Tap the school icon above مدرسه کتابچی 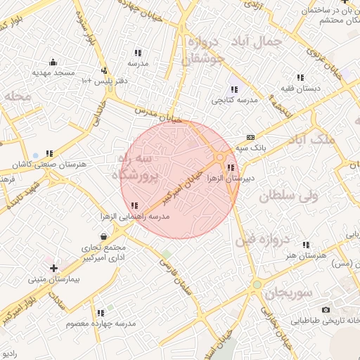click(233, 89)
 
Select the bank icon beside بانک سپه click(251, 137)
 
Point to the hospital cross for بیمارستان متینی click(53, 268)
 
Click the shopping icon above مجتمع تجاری click(104, 236)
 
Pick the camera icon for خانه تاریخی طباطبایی click(326, 309)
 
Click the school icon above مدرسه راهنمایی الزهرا click(134, 205)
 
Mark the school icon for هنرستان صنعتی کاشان click(49, 153)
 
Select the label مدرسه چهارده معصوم click(101, 323)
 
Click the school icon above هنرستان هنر click(305, 245)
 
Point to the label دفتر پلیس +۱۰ click(103, 81)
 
